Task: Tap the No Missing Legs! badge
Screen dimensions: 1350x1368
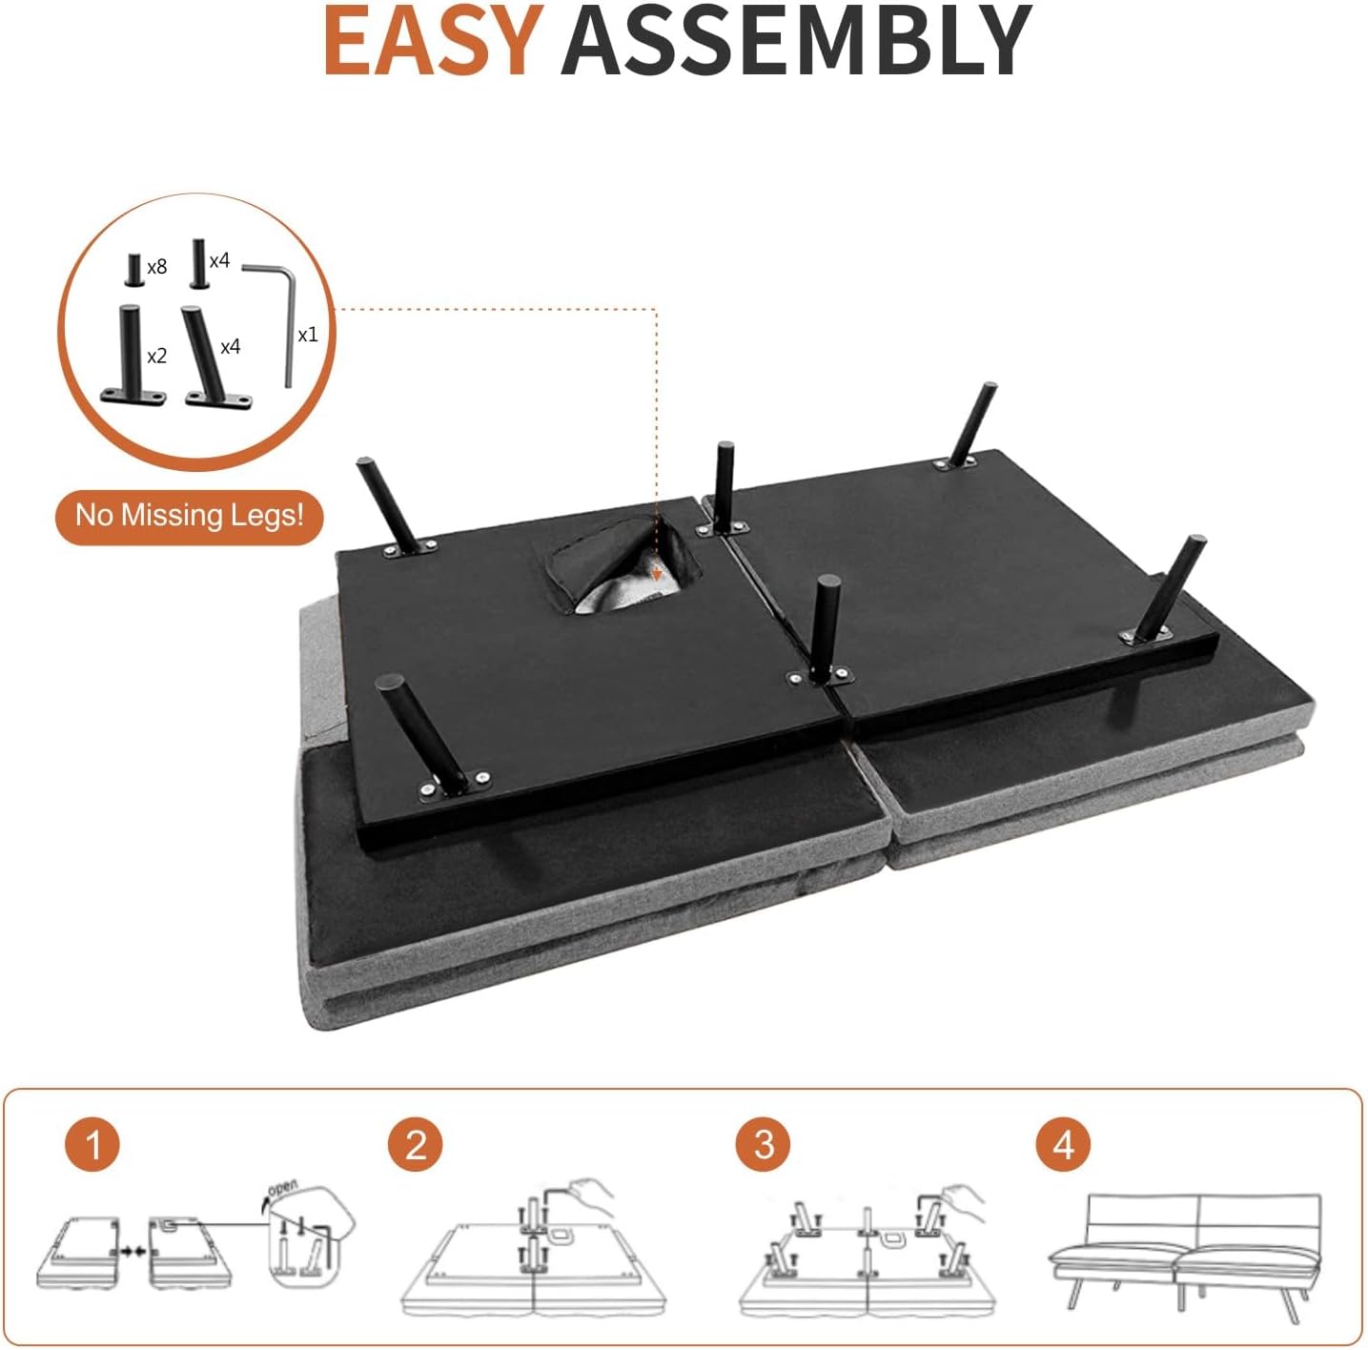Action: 190,516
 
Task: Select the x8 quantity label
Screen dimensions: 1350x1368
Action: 157,267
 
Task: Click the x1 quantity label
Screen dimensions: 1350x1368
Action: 307,335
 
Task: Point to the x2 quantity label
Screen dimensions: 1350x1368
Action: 157,356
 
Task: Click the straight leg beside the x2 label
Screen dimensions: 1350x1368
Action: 131,353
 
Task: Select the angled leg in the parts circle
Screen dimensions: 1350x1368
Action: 210,358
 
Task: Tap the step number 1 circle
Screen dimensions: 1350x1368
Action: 92,1143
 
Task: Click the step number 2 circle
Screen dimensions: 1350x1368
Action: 415,1144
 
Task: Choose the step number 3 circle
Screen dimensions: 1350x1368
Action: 764,1144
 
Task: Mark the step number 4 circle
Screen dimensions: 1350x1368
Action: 1063,1144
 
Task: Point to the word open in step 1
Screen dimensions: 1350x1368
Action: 283,1188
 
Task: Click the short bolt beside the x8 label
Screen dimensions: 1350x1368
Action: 134,270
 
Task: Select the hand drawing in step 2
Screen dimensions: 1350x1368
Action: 589,1192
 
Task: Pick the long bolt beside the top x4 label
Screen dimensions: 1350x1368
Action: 198,263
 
